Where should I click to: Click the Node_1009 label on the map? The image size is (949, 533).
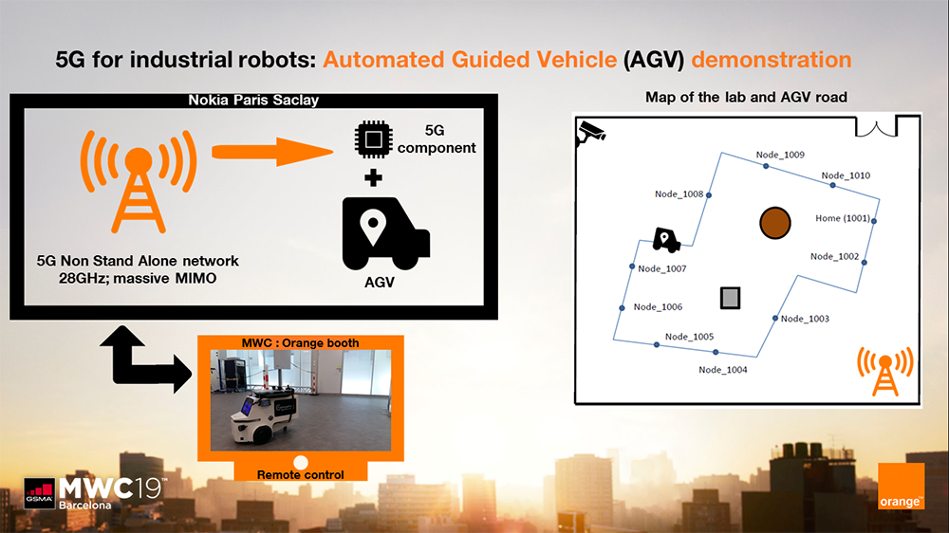click(x=780, y=155)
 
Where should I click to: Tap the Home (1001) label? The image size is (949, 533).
click(x=842, y=218)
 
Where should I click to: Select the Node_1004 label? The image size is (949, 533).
click(x=722, y=370)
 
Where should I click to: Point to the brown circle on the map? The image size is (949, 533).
click(x=775, y=223)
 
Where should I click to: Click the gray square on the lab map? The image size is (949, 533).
click(x=730, y=298)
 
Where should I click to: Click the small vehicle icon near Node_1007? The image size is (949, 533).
click(x=666, y=240)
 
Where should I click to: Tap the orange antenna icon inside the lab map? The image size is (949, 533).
click(x=884, y=371)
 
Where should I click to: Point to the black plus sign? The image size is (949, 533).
click(x=374, y=177)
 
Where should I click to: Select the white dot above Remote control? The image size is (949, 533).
click(x=302, y=462)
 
